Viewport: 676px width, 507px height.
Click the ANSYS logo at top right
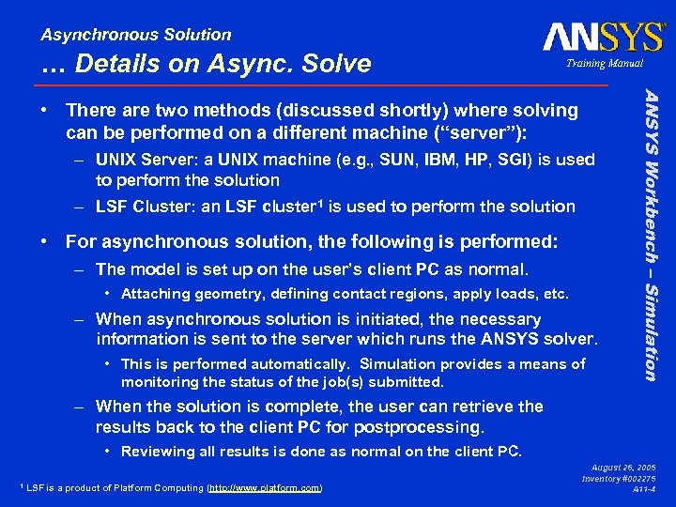[603, 37]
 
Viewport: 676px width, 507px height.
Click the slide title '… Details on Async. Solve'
[207, 64]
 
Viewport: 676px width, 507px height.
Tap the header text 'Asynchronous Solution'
[136, 35]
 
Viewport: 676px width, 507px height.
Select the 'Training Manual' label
[604, 64]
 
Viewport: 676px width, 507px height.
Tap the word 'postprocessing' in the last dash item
[428, 427]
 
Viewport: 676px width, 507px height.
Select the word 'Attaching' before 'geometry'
[155, 294]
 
